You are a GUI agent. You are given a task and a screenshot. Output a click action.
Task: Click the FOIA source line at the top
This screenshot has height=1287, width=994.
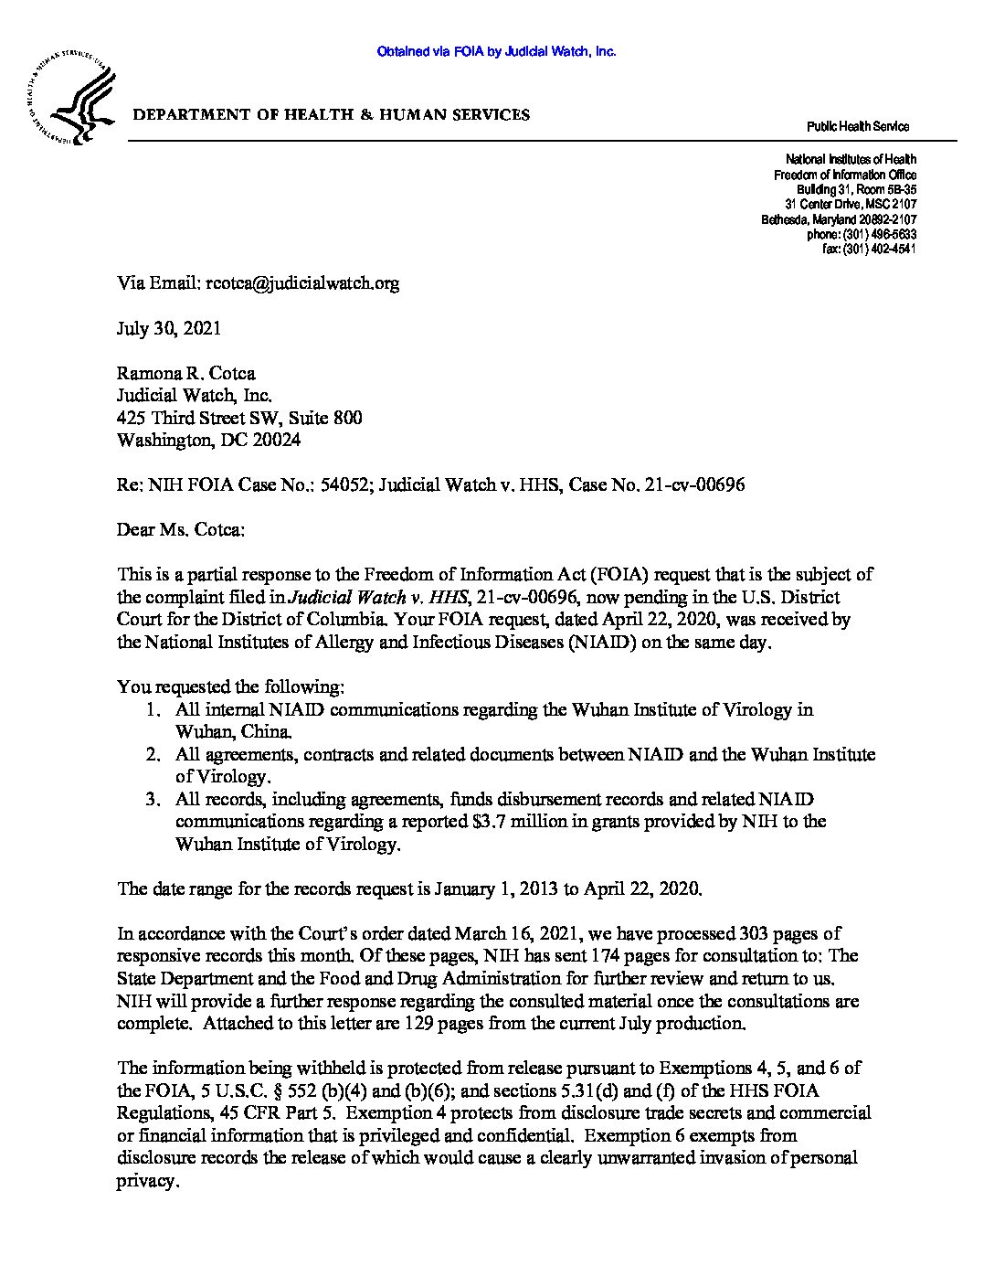tap(496, 52)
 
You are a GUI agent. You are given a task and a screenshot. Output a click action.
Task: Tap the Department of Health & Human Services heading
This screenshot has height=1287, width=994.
tap(332, 115)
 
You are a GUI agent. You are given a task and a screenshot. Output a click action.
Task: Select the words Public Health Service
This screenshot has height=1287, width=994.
tap(857, 127)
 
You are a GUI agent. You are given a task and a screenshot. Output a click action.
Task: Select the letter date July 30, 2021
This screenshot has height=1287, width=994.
tap(169, 328)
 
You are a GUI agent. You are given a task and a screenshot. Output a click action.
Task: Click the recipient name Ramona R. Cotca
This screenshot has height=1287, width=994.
tap(186, 373)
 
